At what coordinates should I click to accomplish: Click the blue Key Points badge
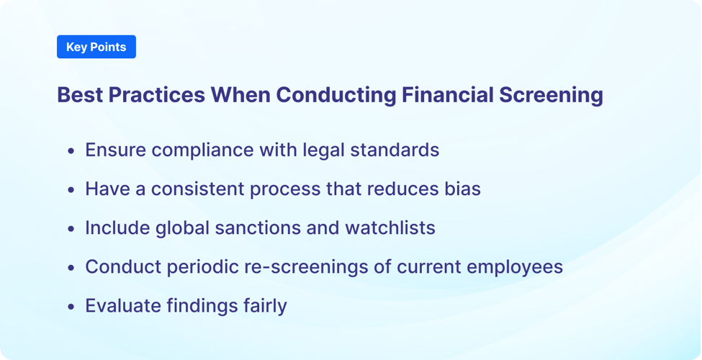pos(96,47)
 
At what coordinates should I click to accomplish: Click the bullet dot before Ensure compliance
pos(71,151)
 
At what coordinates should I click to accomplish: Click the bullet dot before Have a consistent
pos(71,190)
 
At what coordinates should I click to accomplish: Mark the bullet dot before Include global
pos(71,229)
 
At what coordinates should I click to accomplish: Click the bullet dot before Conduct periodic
pos(71,268)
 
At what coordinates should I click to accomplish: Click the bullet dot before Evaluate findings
pos(71,307)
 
